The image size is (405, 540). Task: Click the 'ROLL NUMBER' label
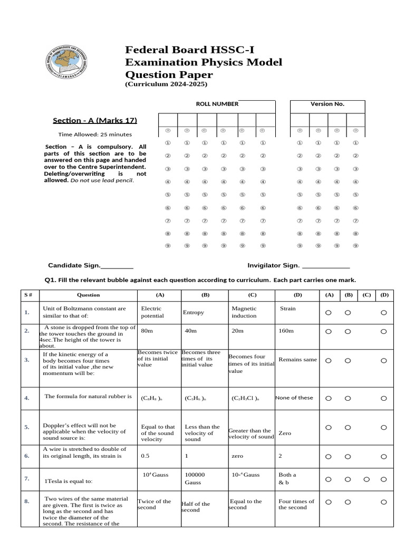pyautogui.click(x=217, y=104)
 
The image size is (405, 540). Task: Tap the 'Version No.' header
pyautogui.click(x=327, y=104)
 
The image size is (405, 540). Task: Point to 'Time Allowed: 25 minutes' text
pyautogui.click(x=95, y=134)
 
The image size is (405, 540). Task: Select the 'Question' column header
pyautogui.click(x=88, y=295)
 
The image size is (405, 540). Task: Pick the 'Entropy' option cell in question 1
pyautogui.click(x=193, y=312)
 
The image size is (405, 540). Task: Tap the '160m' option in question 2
pyautogui.click(x=287, y=331)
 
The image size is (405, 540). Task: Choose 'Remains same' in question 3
pyautogui.click(x=297, y=360)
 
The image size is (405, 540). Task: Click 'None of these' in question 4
pyautogui.click(x=294, y=398)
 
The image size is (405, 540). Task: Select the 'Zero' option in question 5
pyautogui.click(x=285, y=433)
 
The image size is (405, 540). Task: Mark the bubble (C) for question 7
pyautogui.click(x=367, y=479)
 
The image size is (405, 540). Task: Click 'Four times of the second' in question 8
pyautogui.click(x=296, y=504)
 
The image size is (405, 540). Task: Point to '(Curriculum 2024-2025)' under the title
pyautogui.click(x=166, y=84)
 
